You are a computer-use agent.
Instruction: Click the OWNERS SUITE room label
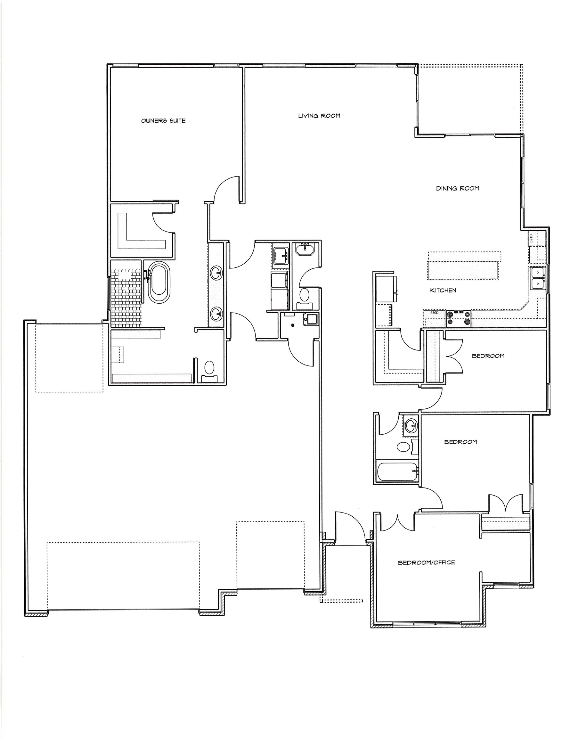pyautogui.click(x=163, y=121)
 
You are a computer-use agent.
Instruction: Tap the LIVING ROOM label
pyautogui.click(x=319, y=116)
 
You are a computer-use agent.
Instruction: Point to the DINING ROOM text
pyautogui.click(x=457, y=189)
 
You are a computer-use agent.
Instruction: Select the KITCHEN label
pyautogui.click(x=443, y=290)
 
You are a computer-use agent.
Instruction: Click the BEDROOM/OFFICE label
pyautogui.click(x=426, y=562)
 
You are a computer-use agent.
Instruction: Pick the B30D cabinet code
pyautogui.click(x=434, y=313)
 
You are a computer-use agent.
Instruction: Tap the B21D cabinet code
pyautogui.click(x=531, y=238)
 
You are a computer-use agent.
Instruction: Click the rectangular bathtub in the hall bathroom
pyautogui.click(x=398, y=472)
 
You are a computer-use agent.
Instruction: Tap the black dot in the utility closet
pyautogui.click(x=293, y=325)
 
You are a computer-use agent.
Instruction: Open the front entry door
pyautogui.click(x=350, y=528)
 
